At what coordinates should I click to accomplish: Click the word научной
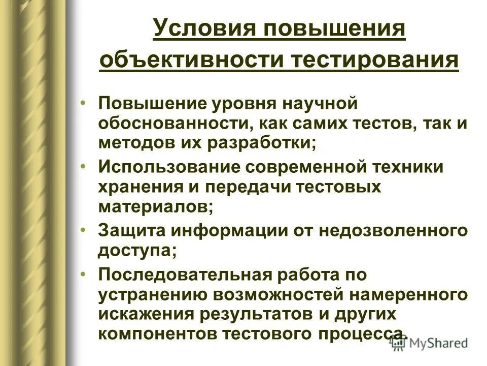coord(319,104)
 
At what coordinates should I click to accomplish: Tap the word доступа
coord(138,250)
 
